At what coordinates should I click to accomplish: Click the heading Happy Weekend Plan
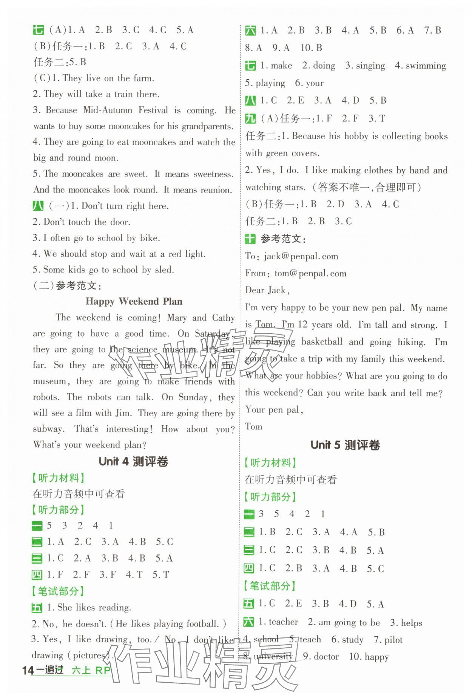(134, 301)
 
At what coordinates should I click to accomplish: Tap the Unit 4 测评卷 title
(133, 461)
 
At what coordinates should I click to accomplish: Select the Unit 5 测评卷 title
(345, 445)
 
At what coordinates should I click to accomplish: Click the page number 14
(28, 669)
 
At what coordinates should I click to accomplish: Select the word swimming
(426, 66)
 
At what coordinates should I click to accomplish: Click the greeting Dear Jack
(267, 290)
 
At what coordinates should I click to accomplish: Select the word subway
(48, 429)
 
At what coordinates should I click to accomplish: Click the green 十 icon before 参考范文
(250, 239)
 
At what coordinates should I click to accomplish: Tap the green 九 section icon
(250, 118)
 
